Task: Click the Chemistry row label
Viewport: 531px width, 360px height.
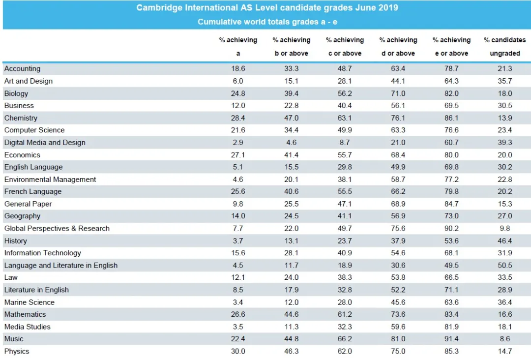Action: tap(21, 118)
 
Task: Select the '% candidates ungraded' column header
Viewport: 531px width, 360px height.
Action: tap(504, 46)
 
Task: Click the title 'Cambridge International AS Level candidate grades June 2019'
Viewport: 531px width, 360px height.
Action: tap(267, 8)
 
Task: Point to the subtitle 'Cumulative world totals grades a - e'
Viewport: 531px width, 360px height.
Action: tap(267, 22)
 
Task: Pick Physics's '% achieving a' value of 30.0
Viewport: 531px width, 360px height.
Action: tap(238, 351)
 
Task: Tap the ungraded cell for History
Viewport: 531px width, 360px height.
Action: tap(504, 241)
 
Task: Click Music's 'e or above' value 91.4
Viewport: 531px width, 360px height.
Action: tap(451, 339)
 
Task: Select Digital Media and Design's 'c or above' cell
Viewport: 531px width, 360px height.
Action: tap(345, 143)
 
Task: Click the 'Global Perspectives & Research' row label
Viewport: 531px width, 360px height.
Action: tap(57, 229)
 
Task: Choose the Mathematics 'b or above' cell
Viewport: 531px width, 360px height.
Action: tap(291, 314)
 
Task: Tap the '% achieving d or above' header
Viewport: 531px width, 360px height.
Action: tap(398, 46)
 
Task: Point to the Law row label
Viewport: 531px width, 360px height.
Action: tap(11, 277)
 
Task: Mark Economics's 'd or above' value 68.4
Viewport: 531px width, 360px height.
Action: tap(398, 155)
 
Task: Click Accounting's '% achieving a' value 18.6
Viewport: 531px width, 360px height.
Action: tap(238, 68)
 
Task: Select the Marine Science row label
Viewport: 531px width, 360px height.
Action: tap(29, 302)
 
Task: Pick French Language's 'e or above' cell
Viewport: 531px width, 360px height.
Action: tap(451, 191)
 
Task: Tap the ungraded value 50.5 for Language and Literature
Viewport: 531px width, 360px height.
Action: tap(504, 265)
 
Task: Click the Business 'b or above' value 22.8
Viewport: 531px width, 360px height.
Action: tap(291, 106)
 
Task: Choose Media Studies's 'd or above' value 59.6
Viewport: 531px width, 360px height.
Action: tap(398, 327)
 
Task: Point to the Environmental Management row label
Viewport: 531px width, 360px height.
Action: tap(50, 180)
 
